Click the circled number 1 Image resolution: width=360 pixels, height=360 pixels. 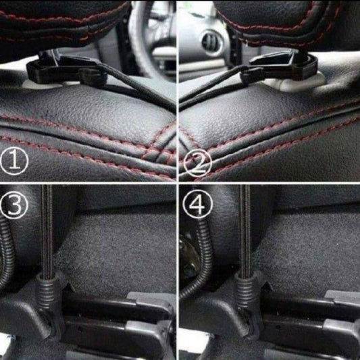[x=14, y=161]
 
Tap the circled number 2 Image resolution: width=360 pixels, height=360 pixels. [x=198, y=163]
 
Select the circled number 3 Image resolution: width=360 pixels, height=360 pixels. [x=14, y=205]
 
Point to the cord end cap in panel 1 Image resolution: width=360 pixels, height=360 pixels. [x=93, y=78]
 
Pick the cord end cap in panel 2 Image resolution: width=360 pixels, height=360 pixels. [x=251, y=78]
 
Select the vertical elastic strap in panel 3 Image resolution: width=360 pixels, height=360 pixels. [x=47, y=230]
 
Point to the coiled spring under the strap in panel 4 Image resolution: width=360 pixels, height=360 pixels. [x=246, y=292]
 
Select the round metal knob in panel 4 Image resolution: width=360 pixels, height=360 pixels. [x=188, y=257]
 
